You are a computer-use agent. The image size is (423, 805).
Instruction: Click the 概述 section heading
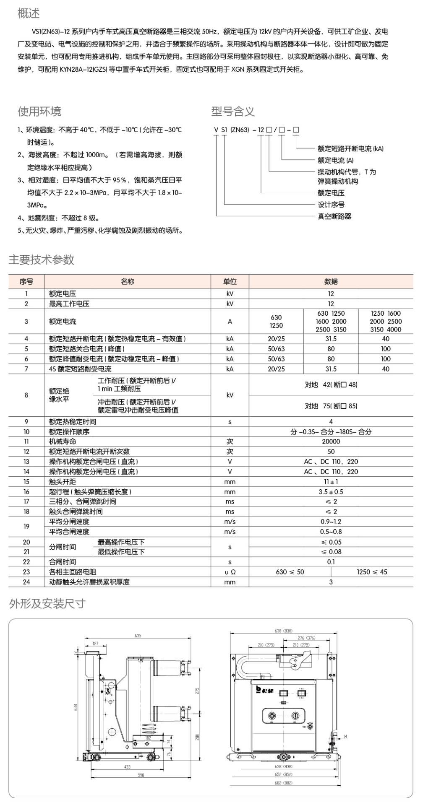pyautogui.click(x=29, y=13)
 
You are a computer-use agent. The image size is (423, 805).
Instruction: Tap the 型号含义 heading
pyautogui.click(x=233, y=112)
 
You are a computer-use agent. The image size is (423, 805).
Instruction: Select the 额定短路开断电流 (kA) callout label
pyautogui.click(x=350, y=148)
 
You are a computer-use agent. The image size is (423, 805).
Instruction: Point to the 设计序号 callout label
pyautogui.click(x=331, y=205)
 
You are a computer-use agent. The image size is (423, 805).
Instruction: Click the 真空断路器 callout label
pyautogui.click(x=334, y=216)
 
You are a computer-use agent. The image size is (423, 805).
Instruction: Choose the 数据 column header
pyautogui.click(x=331, y=282)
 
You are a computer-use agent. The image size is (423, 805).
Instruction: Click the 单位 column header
pyautogui.click(x=230, y=282)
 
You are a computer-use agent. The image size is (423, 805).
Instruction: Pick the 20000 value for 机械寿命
pyautogui.click(x=331, y=441)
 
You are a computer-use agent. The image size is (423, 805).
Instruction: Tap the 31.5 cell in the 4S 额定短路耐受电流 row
pyautogui.click(x=331, y=369)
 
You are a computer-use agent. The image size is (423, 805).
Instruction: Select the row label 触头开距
pyautogui.click(x=63, y=482)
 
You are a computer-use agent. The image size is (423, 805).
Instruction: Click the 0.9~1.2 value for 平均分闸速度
pyautogui.click(x=331, y=522)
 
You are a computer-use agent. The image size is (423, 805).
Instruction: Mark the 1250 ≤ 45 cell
pyautogui.click(x=372, y=572)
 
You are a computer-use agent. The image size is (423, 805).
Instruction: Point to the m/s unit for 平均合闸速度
pyautogui.click(x=230, y=532)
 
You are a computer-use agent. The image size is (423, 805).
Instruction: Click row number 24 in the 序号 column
pyautogui.click(x=26, y=582)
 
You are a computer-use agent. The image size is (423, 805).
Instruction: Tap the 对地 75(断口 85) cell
pyautogui.click(x=331, y=406)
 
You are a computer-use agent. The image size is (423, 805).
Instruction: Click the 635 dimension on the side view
pyautogui.click(x=138, y=636)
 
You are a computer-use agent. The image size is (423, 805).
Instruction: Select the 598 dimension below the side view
pyautogui.click(x=141, y=775)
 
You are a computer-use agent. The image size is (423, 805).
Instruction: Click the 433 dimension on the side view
pyautogui.click(x=127, y=767)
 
